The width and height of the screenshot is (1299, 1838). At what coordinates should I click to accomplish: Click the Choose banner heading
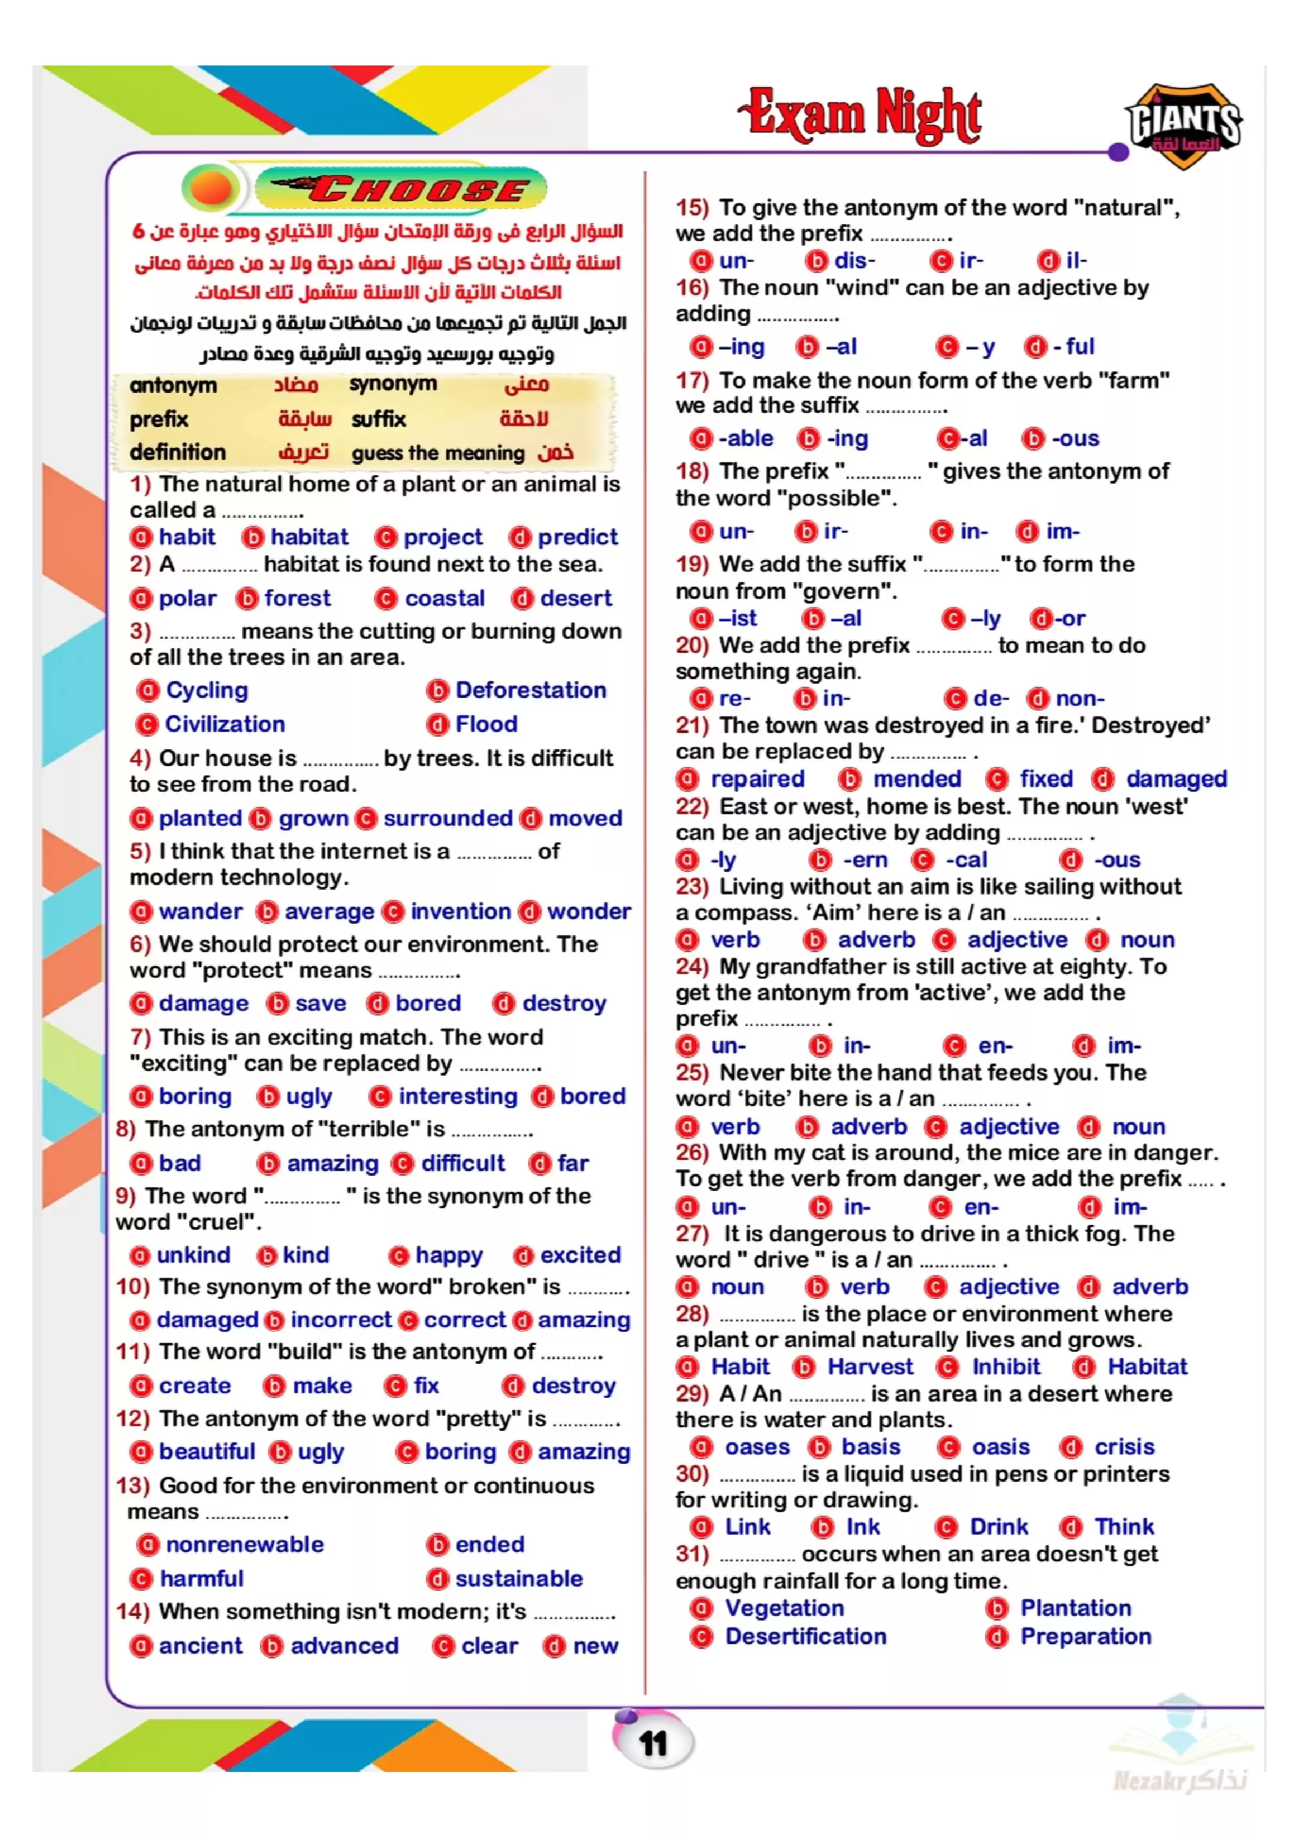point(402,190)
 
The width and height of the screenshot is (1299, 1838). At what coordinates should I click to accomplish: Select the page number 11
point(653,1743)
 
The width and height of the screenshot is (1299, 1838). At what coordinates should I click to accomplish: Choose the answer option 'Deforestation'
point(530,690)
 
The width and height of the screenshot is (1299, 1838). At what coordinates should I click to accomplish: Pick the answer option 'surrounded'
point(447,818)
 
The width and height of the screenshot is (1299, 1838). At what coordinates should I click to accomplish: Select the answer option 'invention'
point(460,911)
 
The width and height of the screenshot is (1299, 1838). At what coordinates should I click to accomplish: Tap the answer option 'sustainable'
point(519,1579)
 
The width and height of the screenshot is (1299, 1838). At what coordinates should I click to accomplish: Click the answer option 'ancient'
point(200,1646)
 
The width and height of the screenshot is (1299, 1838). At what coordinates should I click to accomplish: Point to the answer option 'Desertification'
point(805,1636)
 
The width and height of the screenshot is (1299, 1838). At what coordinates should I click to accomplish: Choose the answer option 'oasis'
point(1000,1447)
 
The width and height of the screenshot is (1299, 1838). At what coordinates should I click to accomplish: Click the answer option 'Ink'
point(863,1527)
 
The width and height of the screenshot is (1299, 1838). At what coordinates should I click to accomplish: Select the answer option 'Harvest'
point(869,1366)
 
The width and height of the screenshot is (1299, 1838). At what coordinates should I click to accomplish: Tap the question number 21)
point(692,725)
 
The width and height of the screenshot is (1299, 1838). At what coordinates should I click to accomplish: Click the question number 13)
point(133,1486)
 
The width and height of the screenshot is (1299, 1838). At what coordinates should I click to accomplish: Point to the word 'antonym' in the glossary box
point(173,385)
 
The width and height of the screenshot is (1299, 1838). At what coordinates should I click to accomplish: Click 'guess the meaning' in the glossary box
point(438,453)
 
